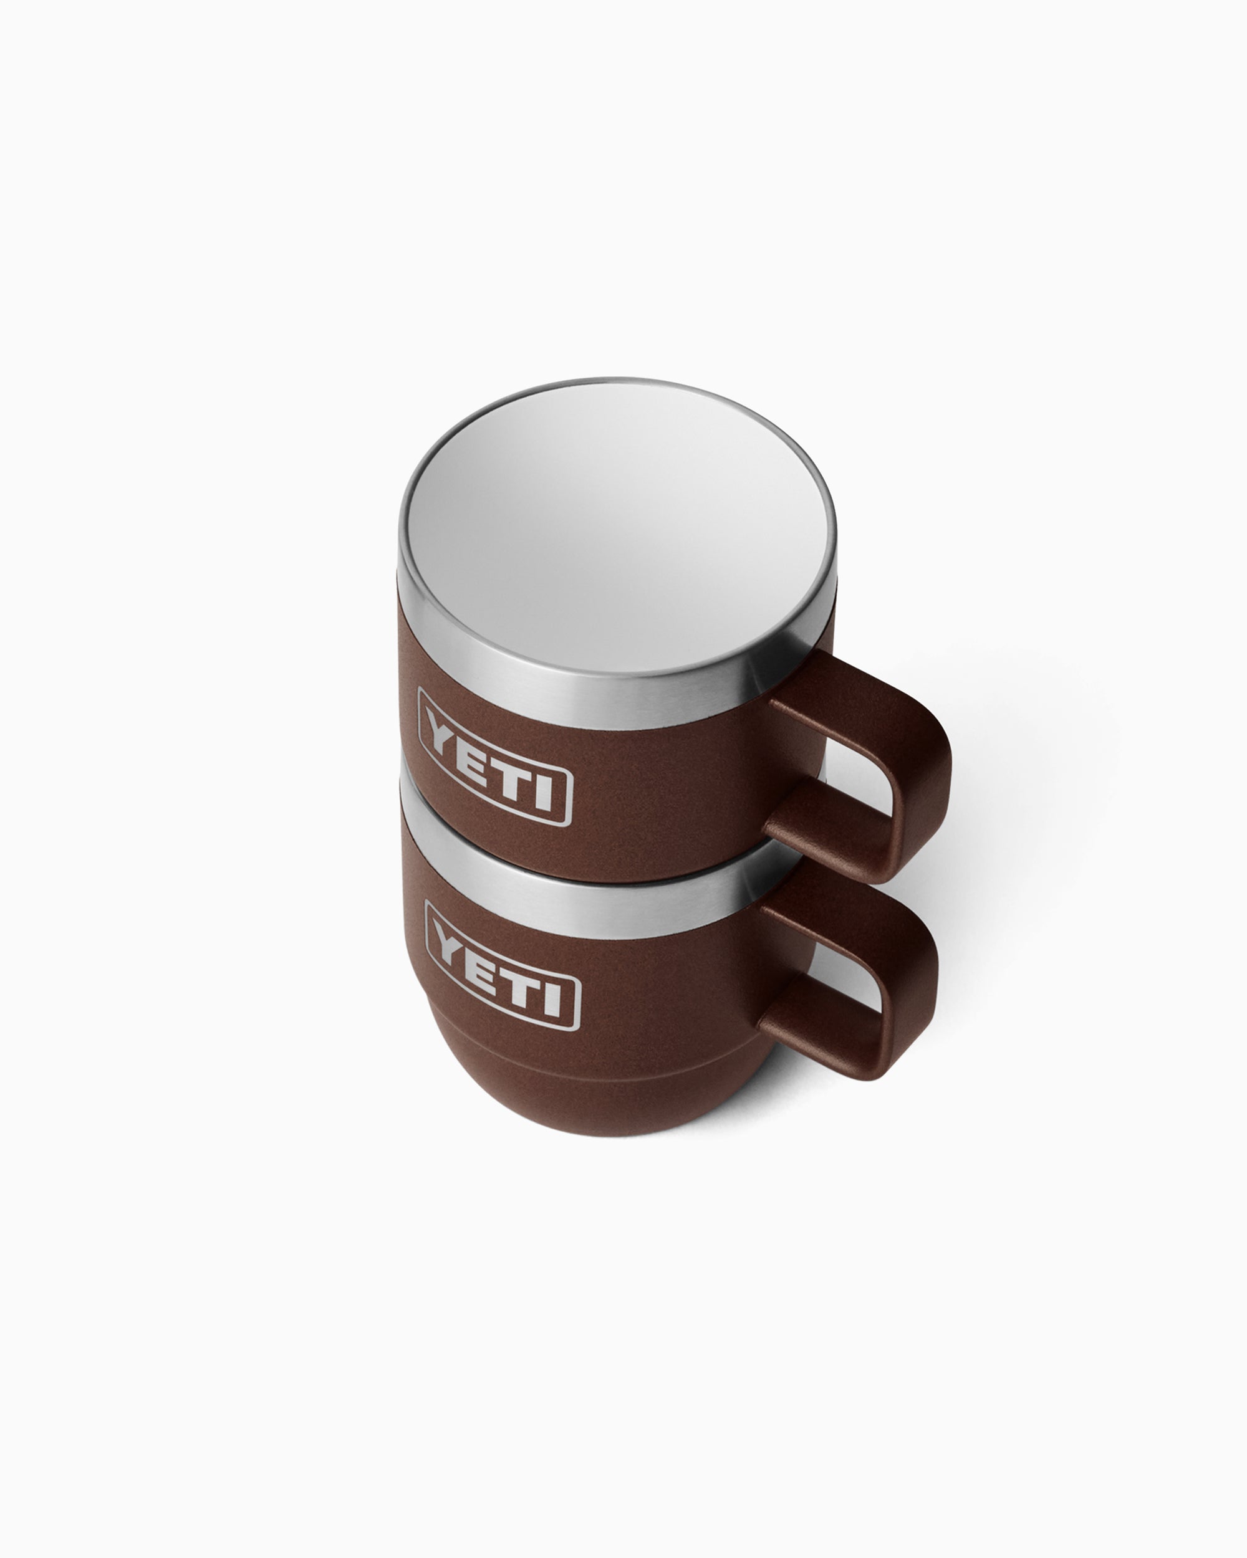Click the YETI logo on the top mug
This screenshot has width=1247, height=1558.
coord(495,757)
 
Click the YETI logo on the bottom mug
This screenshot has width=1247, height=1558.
coord(503,966)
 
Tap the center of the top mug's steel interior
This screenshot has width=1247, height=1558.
coord(615,527)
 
